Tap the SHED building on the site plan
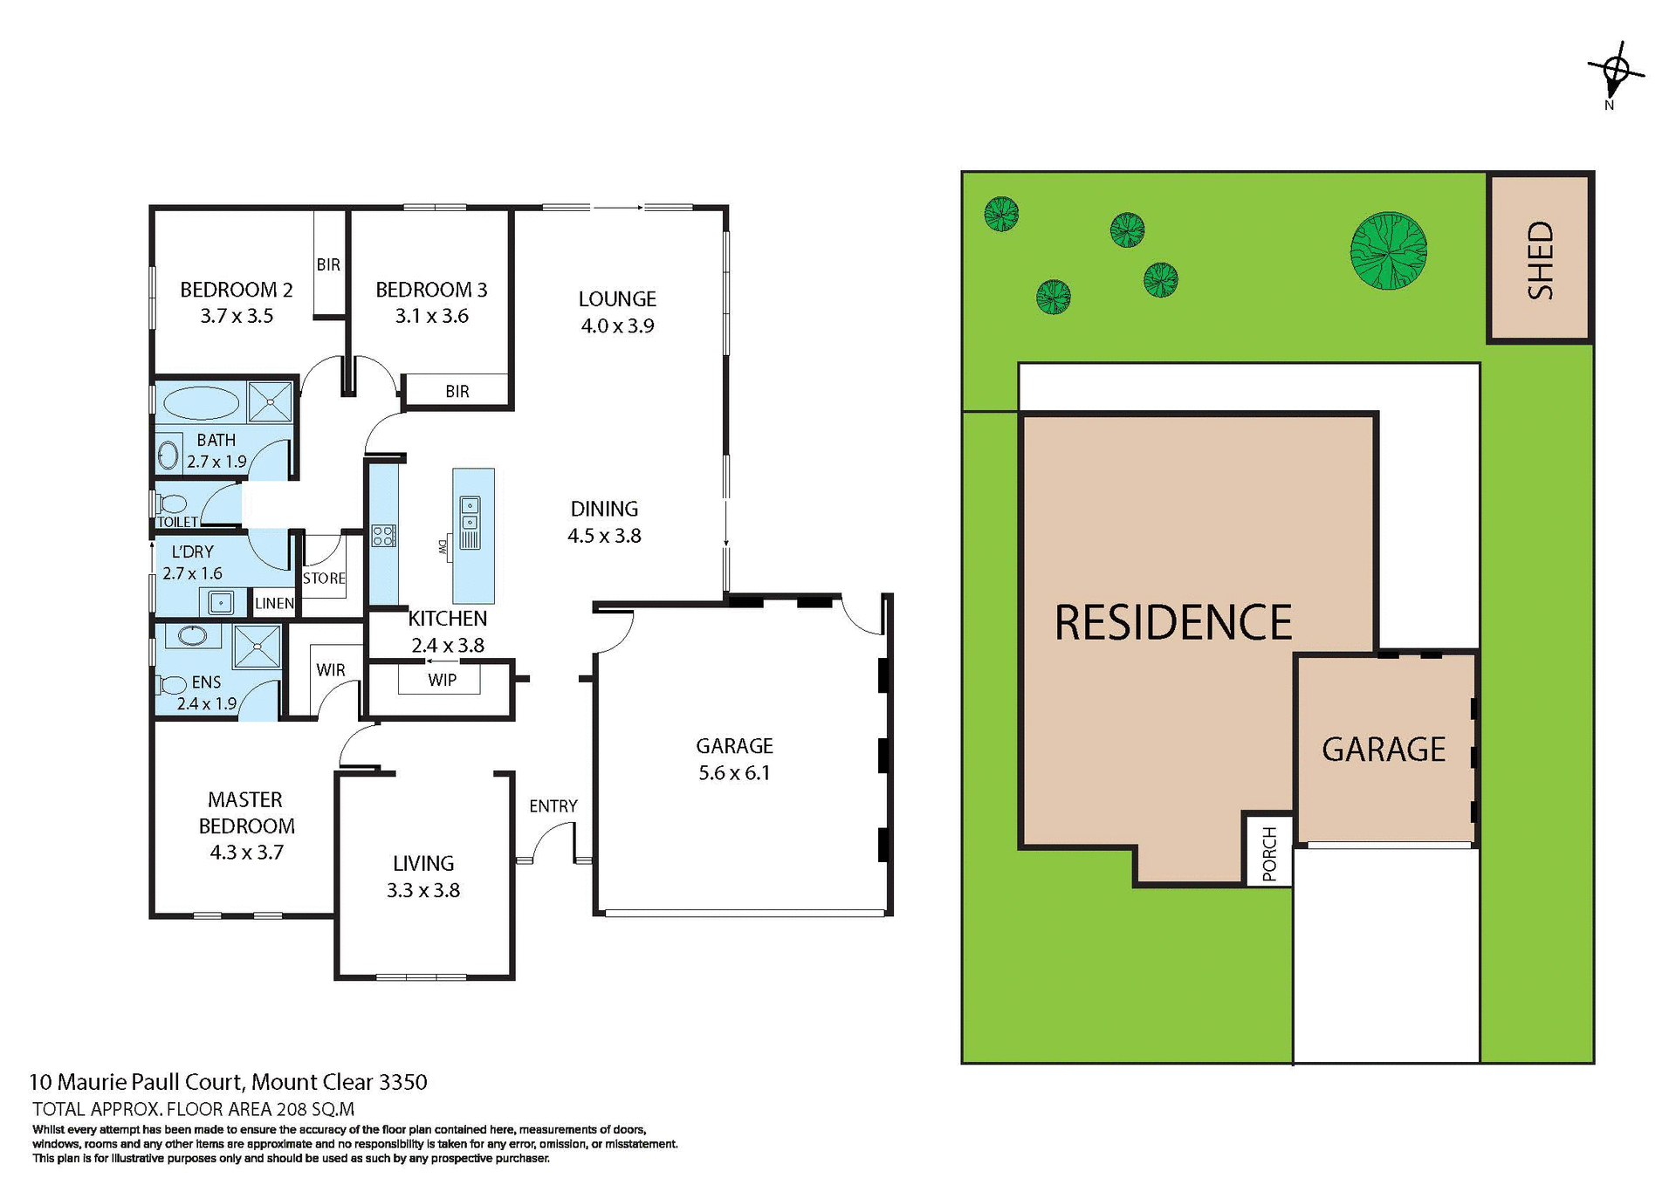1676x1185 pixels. [1541, 259]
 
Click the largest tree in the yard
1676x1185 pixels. [1388, 251]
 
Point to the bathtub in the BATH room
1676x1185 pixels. [201, 403]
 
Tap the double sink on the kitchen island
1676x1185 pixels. [470, 513]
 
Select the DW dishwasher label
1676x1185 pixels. [443, 547]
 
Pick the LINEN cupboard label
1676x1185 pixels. [274, 603]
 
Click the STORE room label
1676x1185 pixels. [324, 578]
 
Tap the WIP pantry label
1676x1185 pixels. [442, 680]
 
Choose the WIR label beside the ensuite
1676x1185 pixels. [331, 669]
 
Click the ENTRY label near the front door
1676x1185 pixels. [553, 805]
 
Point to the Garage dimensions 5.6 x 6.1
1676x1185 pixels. [734, 772]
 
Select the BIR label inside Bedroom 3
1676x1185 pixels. [457, 391]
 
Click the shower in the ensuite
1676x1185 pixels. [258, 647]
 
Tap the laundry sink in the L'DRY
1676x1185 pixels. [221, 602]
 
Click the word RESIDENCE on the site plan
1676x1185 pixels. [1172, 622]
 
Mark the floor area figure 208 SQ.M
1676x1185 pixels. [315, 1109]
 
